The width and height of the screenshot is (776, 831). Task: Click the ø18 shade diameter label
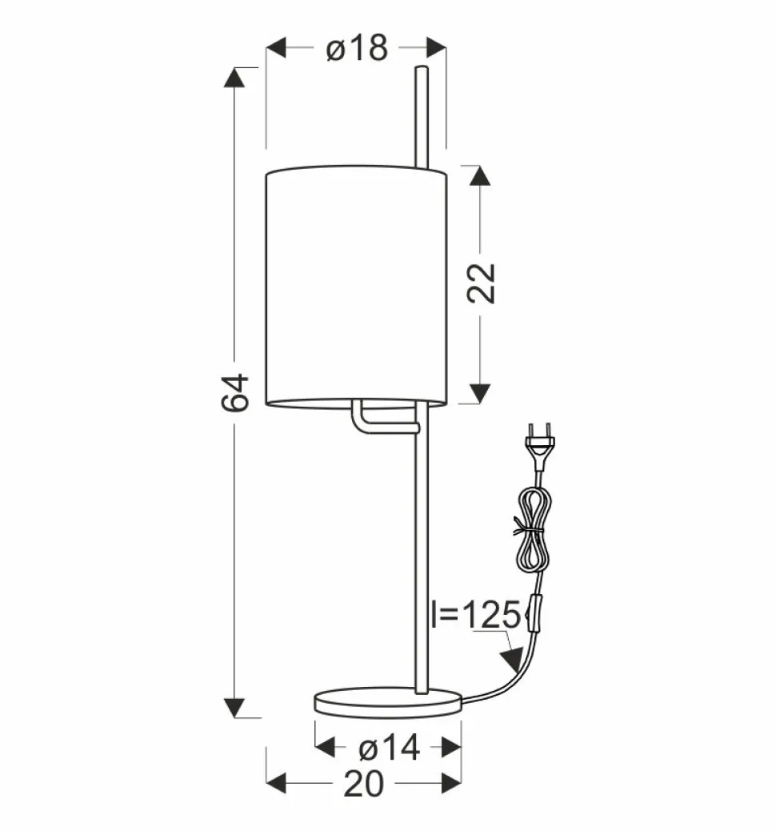pos(357,48)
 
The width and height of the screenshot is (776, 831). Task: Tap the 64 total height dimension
pos(234,393)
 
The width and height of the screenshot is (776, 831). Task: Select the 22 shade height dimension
pos(481,283)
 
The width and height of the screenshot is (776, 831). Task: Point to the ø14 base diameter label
pos(390,749)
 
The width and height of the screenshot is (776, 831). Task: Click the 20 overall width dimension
pos(363,784)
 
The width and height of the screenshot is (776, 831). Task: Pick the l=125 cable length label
pos(477,615)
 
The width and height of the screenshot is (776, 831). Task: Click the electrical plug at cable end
pos(538,446)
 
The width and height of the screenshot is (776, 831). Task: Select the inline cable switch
pos(537,614)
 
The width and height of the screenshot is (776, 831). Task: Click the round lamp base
pos(388,703)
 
